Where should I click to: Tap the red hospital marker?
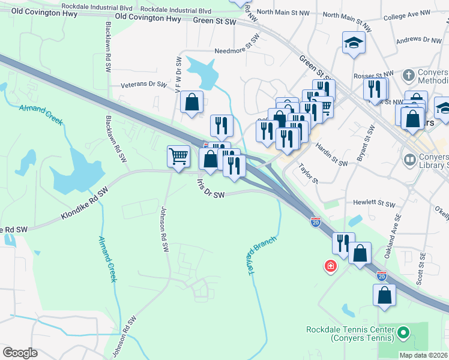pos(330,266)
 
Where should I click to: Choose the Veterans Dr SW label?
pos(143,85)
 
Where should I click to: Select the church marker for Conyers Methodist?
pos(408,76)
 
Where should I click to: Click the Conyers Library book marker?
pos(410,160)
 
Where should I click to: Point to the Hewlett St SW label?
pos(375,204)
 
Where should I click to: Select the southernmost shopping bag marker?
pos(384,295)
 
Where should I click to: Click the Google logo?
pos(20,353)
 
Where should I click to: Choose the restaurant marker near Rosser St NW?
pos(375,89)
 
